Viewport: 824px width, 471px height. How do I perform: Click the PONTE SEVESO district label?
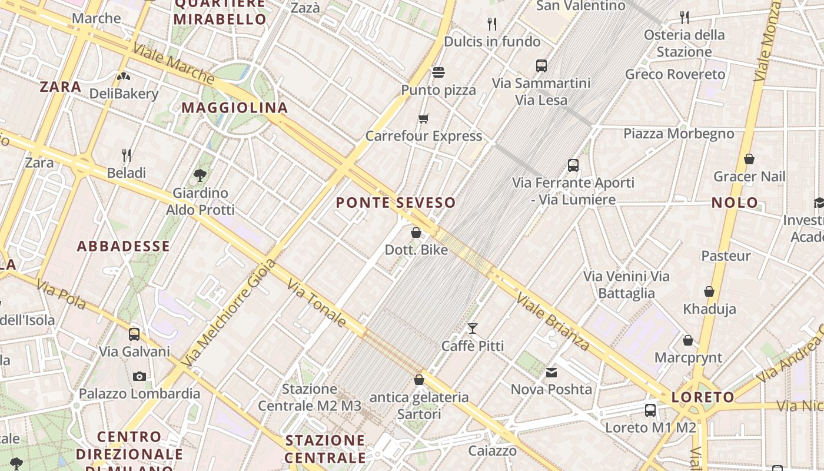[x=396, y=203]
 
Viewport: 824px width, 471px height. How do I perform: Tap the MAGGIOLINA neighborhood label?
[x=234, y=108]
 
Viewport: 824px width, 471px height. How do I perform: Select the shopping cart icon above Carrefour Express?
[x=423, y=119]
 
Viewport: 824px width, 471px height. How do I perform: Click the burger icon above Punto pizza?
[x=438, y=72]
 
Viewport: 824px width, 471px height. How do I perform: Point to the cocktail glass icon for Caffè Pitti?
[x=472, y=329]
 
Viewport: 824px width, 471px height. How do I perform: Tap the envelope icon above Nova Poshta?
[x=551, y=372]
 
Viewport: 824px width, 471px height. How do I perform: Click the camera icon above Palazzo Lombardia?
[x=139, y=376]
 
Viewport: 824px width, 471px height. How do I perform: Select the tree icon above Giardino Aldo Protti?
[x=200, y=175]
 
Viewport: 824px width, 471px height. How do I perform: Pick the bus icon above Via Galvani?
[x=134, y=334]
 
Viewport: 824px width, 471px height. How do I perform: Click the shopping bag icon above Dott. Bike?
[x=416, y=233]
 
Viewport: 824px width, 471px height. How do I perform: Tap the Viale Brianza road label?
[x=553, y=321]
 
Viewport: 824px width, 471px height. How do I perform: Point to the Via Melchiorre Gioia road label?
[x=229, y=313]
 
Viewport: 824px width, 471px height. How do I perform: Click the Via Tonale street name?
[x=317, y=303]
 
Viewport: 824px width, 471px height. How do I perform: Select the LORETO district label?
[x=703, y=397]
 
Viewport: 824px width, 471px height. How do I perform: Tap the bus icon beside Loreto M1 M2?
[x=650, y=410]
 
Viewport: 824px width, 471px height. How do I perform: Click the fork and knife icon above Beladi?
[x=127, y=155]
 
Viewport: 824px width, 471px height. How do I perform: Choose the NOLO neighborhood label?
[x=735, y=203]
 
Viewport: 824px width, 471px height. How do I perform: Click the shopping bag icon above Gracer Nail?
[x=749, y=159]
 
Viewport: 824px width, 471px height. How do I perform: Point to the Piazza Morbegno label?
[x=679, y=134]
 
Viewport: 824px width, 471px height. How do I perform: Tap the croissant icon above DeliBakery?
[x=124, y=76]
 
